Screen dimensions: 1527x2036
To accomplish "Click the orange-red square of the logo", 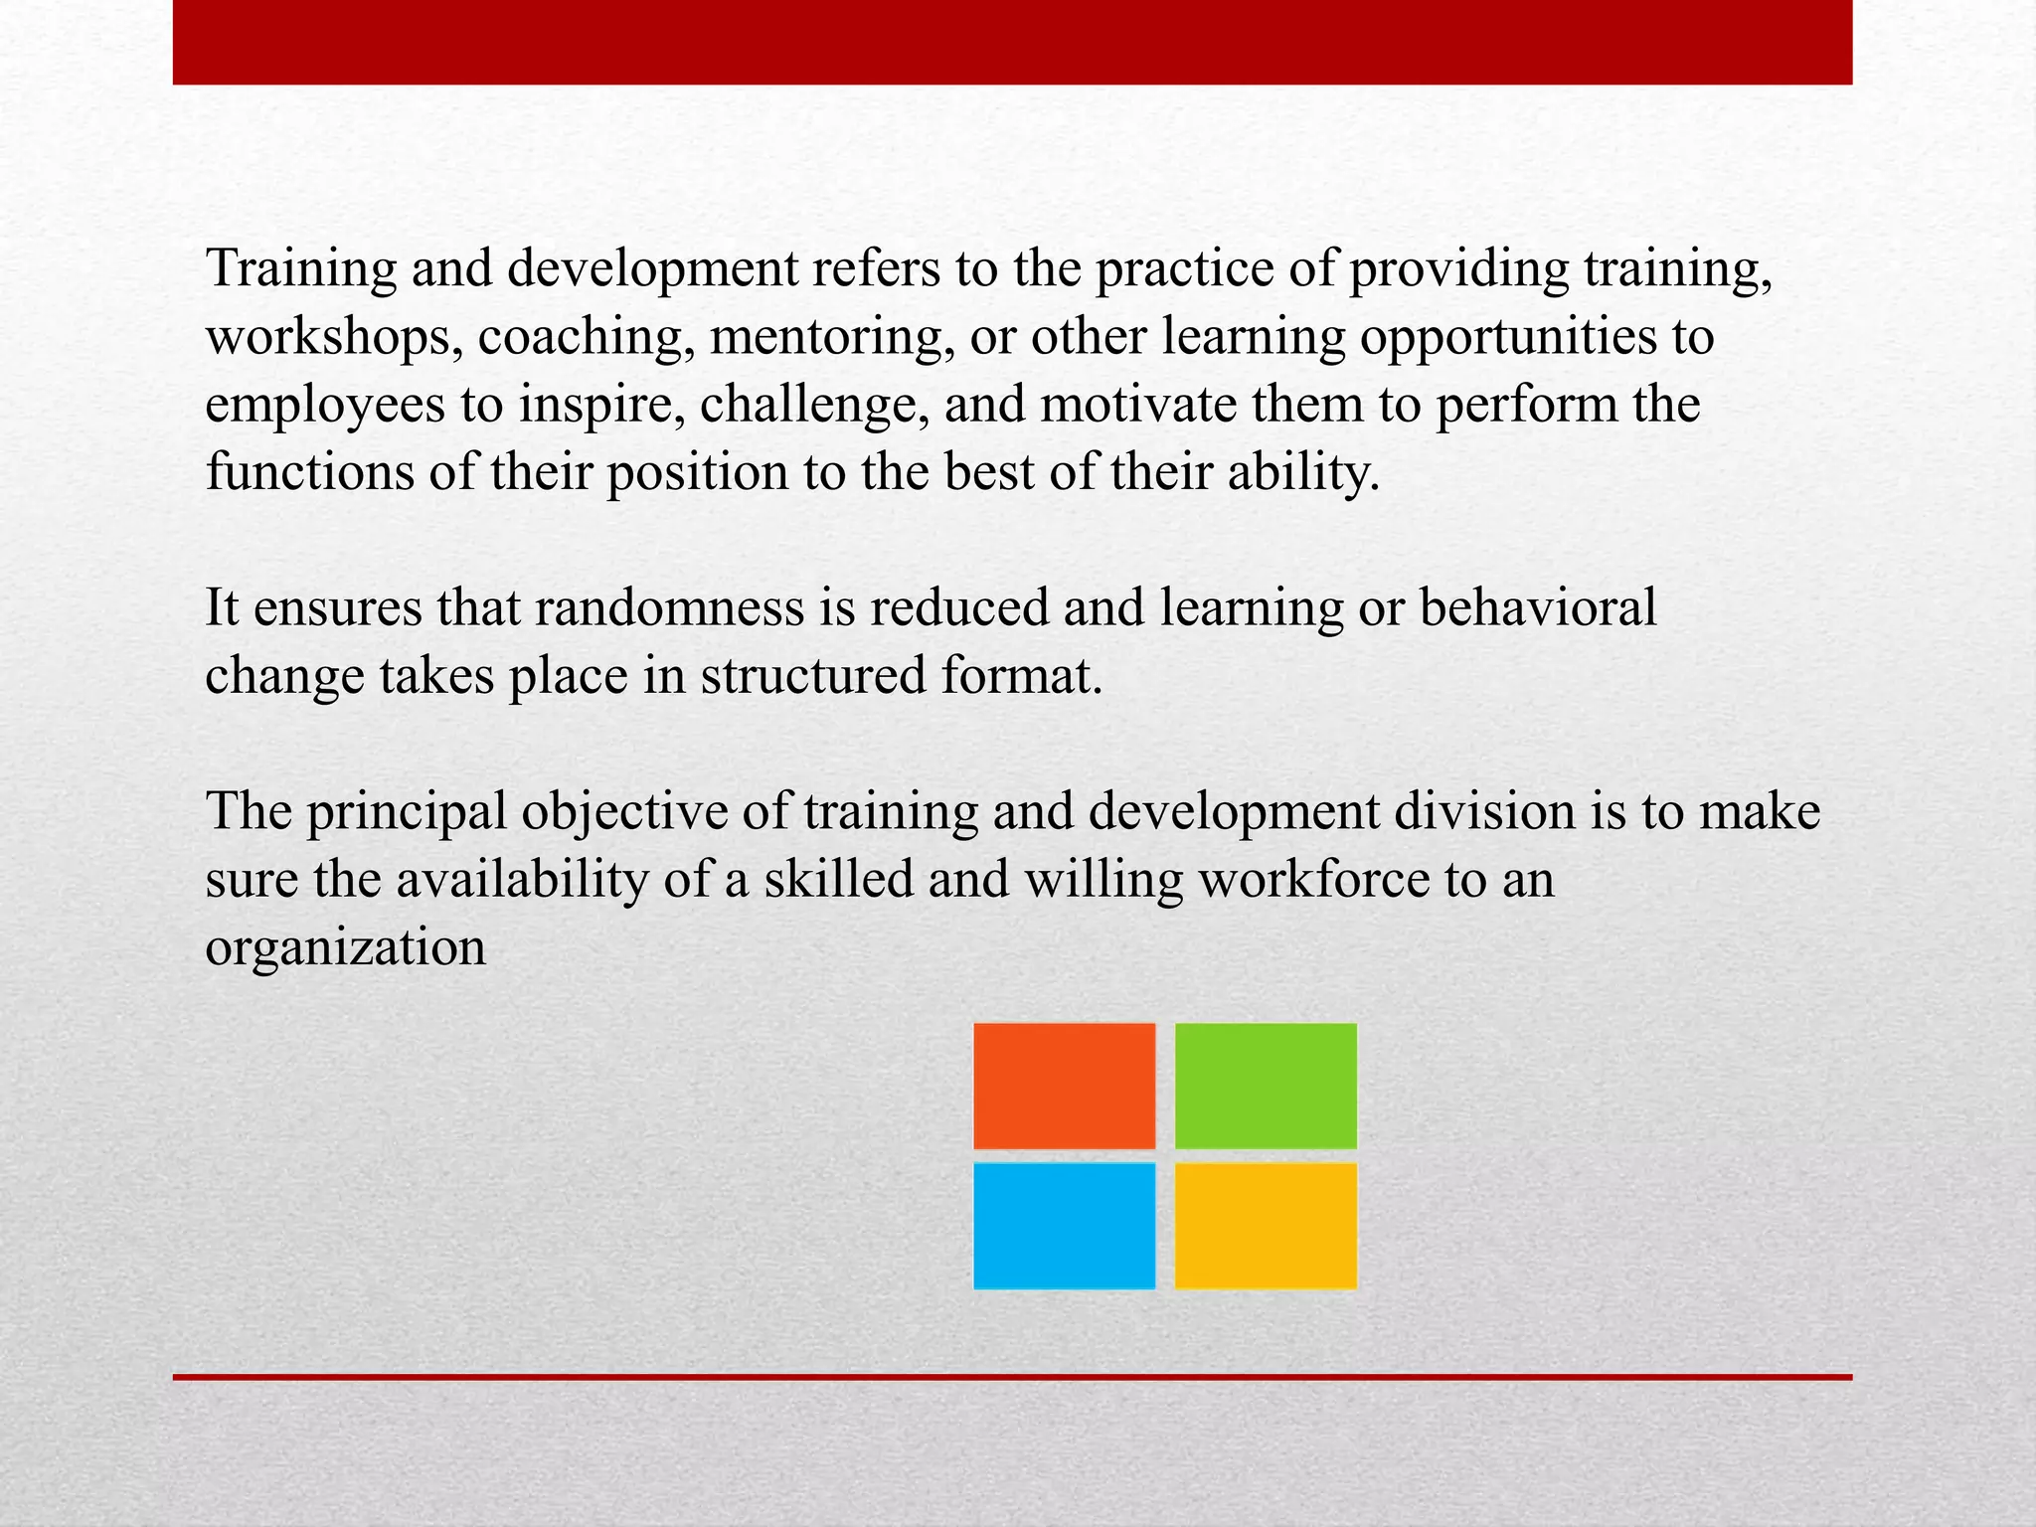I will (1064, 1086).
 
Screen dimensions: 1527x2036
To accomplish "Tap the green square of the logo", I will (1266, 1086).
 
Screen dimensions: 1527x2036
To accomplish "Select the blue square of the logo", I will (1064, 1226).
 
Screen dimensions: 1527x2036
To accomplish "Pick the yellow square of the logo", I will (1266, 1226).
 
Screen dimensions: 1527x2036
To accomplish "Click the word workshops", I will (333, 338).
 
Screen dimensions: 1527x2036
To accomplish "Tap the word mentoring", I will (825, 338).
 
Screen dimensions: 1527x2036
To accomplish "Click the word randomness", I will (669, 608).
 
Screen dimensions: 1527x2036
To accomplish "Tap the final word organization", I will (345, 948).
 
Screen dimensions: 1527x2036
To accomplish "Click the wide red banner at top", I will (1012, 42).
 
